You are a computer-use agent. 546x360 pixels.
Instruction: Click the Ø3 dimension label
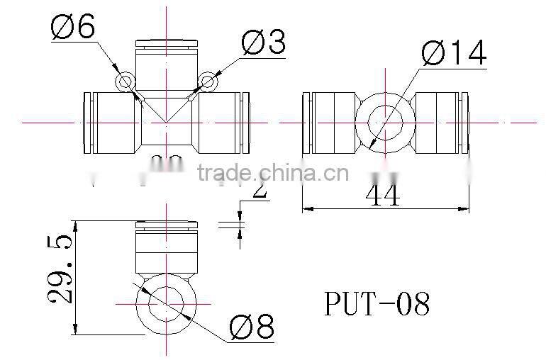click(x=263, y=43)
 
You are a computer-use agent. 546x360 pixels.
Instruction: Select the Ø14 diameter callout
click(x=454, y=53)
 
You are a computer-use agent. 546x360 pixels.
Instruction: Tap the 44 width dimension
click(x=384, y=193)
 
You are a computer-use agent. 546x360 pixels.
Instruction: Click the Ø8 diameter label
click(x=251, y=327)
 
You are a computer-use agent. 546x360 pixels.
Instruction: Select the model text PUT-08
click(x=377, y=305)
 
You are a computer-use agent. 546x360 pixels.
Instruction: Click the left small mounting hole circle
click(x=126, y=82)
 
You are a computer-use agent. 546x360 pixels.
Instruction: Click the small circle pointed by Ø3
click(x=207, y=82)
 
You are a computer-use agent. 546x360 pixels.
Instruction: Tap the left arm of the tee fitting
click(x=111, y=122)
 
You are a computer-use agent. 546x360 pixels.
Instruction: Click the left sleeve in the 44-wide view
click(x=330, y=122)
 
